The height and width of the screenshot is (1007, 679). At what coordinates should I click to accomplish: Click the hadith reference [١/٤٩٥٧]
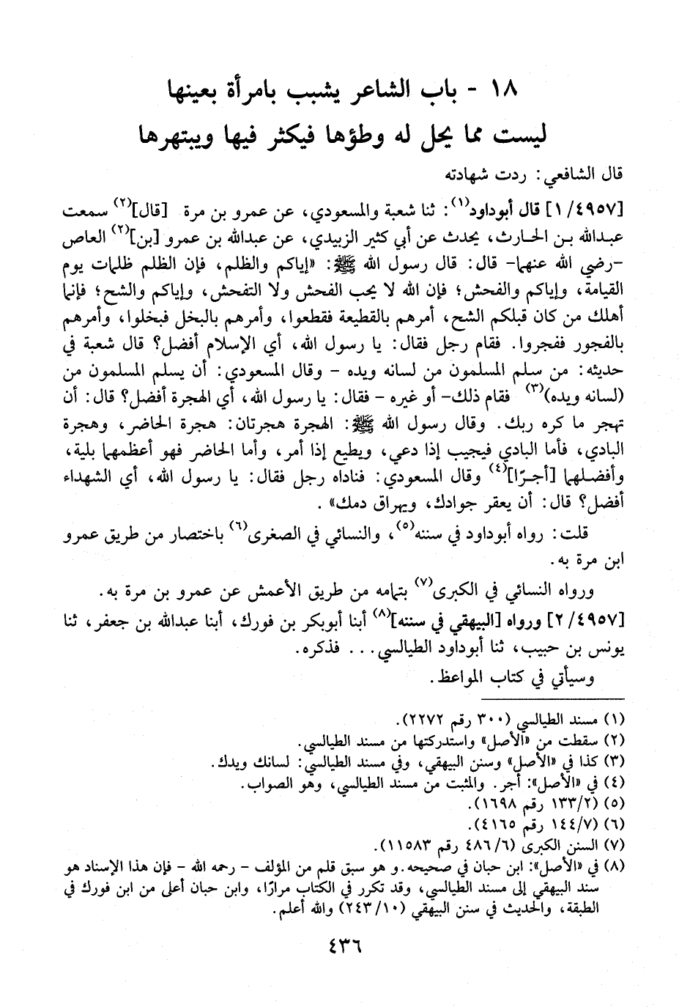click(593, 213)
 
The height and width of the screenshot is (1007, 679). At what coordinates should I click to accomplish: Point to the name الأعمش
click(276, 593)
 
